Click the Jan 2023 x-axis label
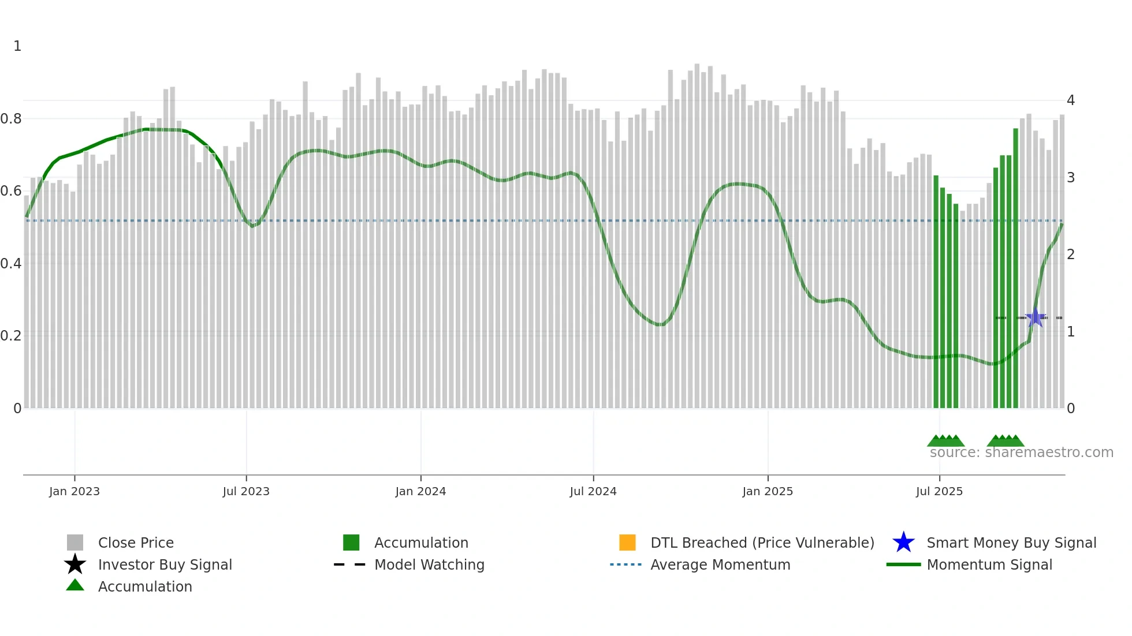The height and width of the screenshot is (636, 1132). pos(75,491)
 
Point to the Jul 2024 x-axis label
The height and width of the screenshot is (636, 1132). pos(593,491)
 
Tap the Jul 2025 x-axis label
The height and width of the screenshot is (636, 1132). pos(939,491)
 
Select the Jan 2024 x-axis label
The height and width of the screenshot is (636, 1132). pos(420,491)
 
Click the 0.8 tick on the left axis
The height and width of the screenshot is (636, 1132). pos(11,119)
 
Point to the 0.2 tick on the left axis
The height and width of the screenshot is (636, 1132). pos(11,336)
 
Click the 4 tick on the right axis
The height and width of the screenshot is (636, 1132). pos(1070,100)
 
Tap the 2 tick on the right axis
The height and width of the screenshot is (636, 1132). pos(1070,255)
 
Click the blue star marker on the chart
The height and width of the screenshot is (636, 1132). pos(1036,317)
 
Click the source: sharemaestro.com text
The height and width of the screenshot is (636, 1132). pos(1021,452)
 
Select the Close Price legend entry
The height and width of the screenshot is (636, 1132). pos(136,543)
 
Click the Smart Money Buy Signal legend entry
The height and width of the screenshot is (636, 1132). pos(1011,543)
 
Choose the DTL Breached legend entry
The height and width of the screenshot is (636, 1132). pos(762,543)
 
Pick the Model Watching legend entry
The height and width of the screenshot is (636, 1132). pos(429,564)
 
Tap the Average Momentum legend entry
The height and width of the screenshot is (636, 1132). pos(720,564)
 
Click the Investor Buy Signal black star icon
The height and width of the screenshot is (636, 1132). pos(75,564)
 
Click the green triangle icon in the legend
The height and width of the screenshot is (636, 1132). pos(75,585)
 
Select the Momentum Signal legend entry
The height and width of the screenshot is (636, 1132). pos(989,564)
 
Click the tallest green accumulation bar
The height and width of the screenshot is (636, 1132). pos(1015,268)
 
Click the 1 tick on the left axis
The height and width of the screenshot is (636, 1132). pos(17,46)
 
